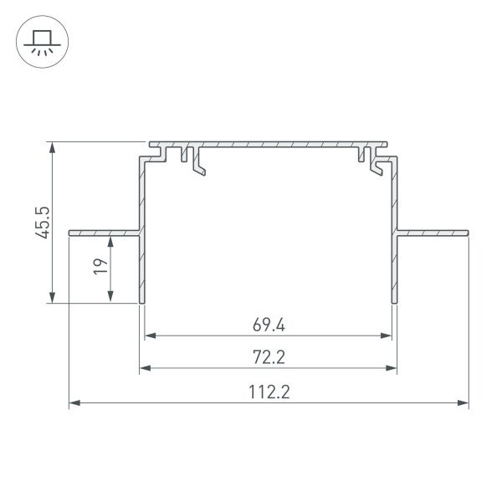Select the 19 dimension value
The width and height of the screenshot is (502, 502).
(99, 267)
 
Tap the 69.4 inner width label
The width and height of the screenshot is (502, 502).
(269, 325)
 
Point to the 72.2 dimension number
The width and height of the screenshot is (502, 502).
(269, 357)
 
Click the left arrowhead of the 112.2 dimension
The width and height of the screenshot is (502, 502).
(74, 403)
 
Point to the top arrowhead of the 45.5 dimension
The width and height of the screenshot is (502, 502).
(53, 147)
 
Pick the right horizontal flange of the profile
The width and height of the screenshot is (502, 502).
(433, 230)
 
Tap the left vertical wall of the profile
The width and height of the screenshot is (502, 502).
(141, 251)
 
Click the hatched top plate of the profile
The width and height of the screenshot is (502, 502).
(268, 144)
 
